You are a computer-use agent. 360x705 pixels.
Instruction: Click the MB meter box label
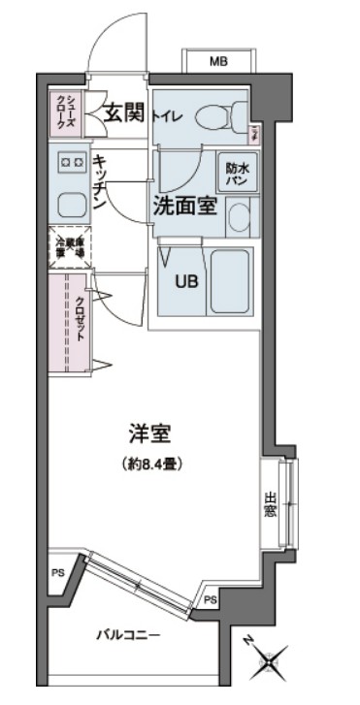(x=219, y=62)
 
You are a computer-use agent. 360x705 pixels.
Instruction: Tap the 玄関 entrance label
(x=126, y=112)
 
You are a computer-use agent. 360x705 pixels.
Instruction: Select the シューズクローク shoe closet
(x=66, y=112)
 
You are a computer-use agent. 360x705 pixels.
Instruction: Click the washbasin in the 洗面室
(x=240, y=218)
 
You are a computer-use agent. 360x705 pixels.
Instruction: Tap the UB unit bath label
(x=184, y=281)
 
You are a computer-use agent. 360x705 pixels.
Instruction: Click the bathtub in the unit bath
(x=230, y=281)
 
